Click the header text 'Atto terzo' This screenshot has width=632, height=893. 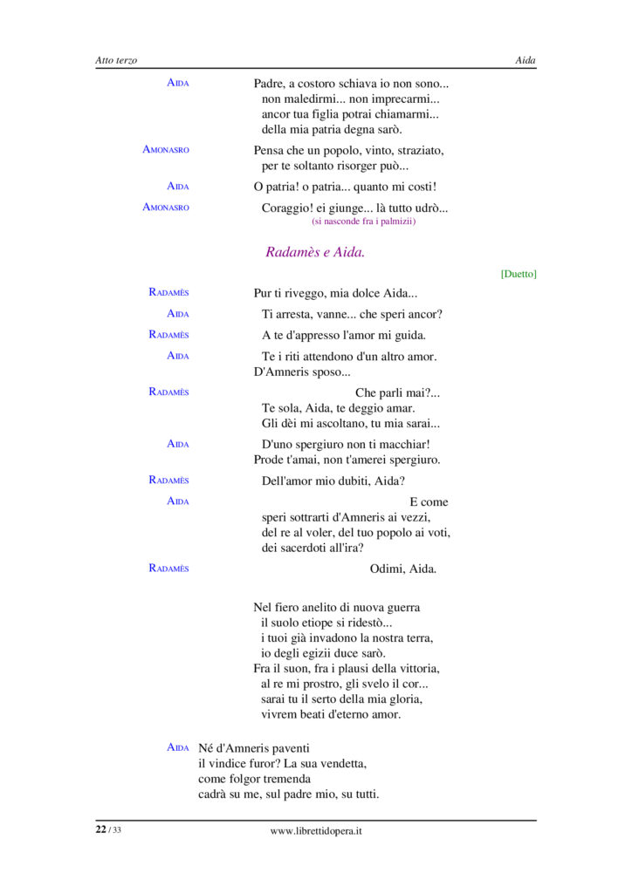coord(116,60)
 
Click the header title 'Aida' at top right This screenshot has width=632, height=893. coord(526,60)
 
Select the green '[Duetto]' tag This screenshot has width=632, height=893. coord(519,274)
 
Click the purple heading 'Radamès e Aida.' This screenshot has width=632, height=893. coord(315,252)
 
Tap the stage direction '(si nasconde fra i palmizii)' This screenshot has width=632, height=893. coord(363,222)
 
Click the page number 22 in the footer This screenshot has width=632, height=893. coord(101,830)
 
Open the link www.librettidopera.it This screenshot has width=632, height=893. coord(316,831)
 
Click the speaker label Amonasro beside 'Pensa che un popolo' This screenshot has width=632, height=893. coord(166,150)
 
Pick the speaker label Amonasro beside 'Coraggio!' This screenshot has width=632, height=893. coord(166,208)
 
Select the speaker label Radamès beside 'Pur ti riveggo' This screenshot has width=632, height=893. coord(168,293)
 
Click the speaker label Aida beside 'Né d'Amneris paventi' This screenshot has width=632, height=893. coord(178,748)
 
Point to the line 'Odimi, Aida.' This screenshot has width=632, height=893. coord(403,569)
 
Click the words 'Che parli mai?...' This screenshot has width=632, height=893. coord(397,393)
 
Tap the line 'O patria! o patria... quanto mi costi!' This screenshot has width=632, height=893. coord(345,187)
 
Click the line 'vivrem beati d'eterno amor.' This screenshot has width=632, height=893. coord(331,714)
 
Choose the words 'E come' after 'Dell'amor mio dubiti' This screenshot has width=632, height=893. coord(429,502)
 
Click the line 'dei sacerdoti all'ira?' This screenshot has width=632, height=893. coord(313,548)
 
